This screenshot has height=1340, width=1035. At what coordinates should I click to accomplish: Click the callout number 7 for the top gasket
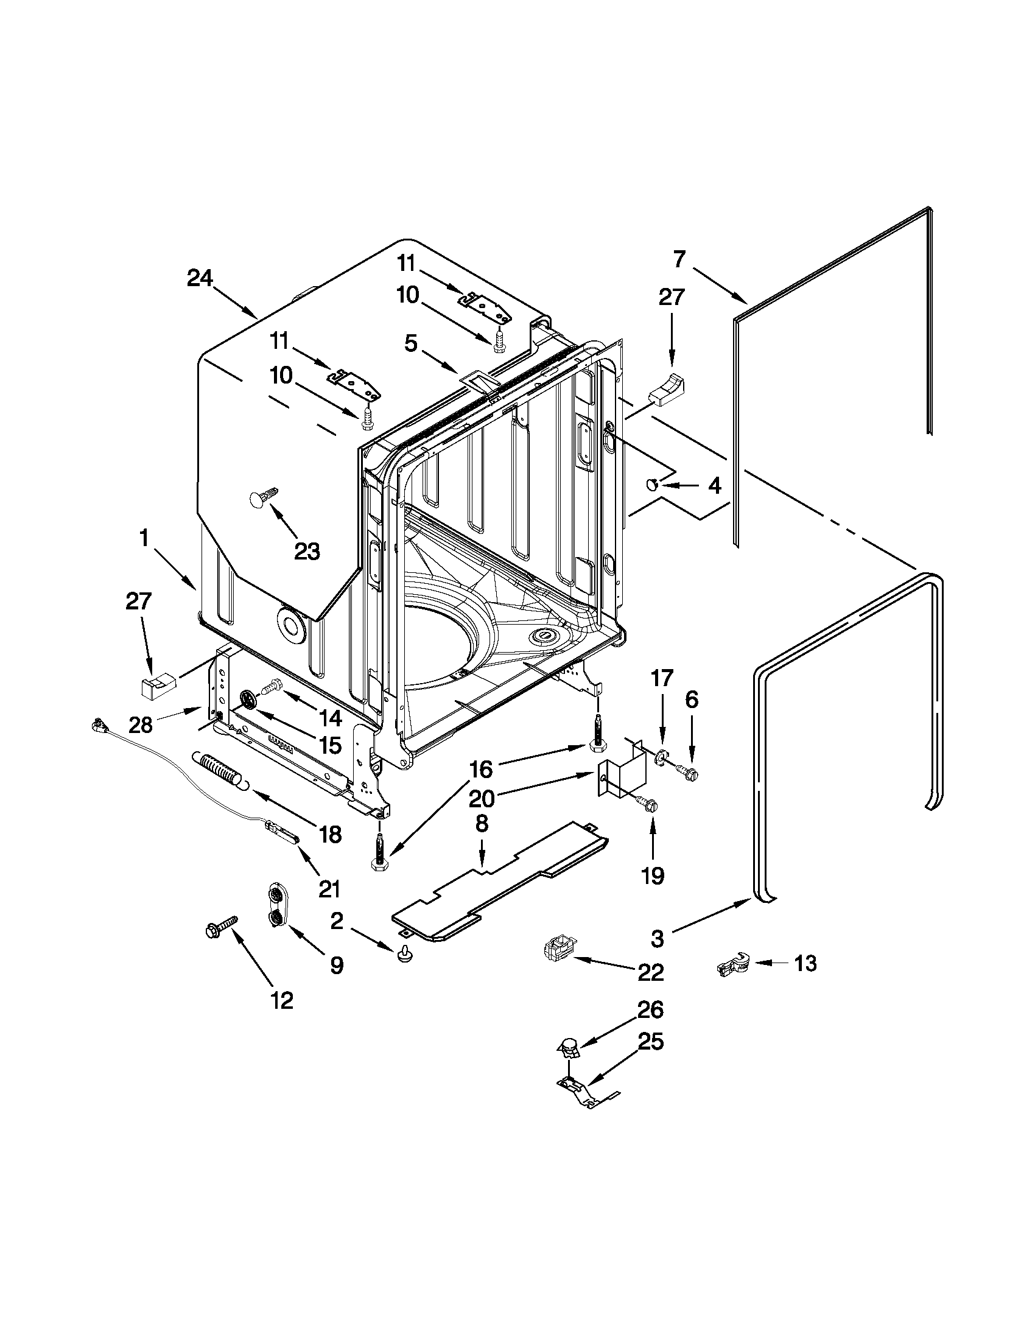679,260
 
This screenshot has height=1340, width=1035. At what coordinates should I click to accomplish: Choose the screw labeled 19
645,803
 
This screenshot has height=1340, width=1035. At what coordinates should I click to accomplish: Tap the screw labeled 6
686,771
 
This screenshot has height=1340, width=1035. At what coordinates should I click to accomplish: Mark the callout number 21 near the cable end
329,888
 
